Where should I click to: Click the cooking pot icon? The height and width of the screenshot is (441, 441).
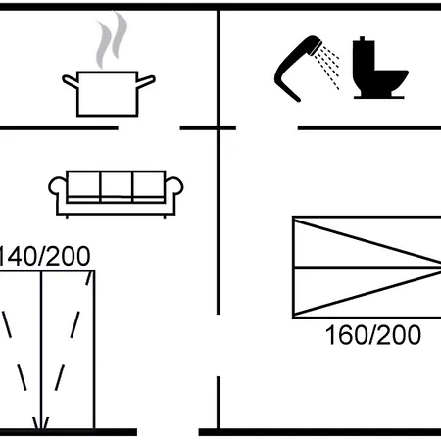[108, 94]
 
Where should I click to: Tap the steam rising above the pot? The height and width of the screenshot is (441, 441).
[111, 39]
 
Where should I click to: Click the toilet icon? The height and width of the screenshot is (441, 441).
[379, 69]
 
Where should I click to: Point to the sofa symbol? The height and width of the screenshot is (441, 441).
[116, 193]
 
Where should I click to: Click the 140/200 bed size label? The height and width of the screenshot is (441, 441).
[44, 256]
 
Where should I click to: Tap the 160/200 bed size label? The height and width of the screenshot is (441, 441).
[373, 335]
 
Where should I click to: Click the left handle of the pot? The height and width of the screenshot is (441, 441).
[70, 81]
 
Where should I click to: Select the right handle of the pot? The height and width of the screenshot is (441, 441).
[146, 81]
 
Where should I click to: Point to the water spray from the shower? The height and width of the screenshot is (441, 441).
[327, 67]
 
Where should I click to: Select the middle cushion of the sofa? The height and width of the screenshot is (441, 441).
[117, 185]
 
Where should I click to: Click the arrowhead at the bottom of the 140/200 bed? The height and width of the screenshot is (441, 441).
[41, 423]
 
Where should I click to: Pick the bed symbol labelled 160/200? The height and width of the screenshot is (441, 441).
[367, 267]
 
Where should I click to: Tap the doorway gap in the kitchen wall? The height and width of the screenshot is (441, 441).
[149, 128]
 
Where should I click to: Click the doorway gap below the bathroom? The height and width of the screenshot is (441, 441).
[267, 128]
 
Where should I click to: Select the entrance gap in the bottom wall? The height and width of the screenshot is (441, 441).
[168, 432]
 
